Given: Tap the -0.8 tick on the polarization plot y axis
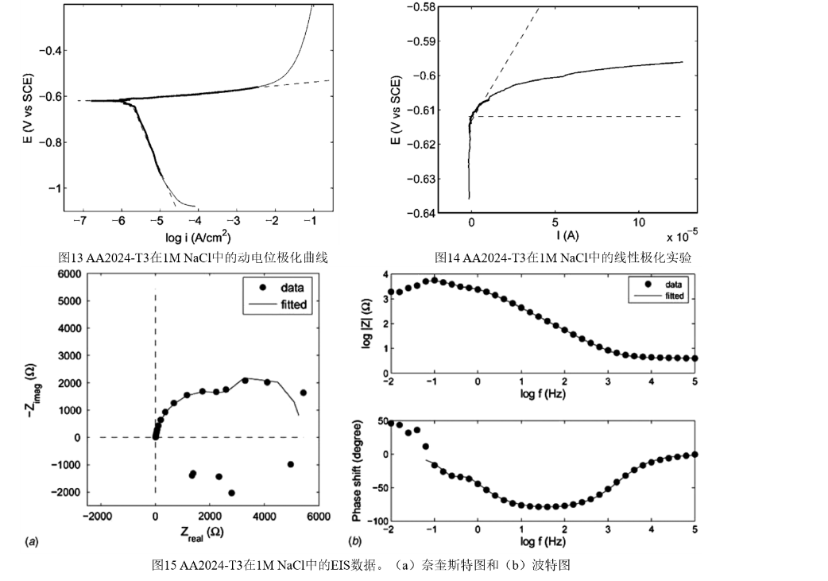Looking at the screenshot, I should pyautogui.click(x=57, y=142).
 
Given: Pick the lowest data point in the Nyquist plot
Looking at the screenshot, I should pyautogui.click(x=231, y=493).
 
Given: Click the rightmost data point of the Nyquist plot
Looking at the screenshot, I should pyautogui.click(x=303, y=393).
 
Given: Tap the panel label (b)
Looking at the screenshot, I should pyautogui.click(x=355, y=541).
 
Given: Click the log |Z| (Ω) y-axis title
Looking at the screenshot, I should pyautogui.click(x=365, y=324).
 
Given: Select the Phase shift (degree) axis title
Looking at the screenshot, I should pyautogui.click(x=358, y=471).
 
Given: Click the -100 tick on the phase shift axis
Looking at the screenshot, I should pyautogui.click(x=372, y=521).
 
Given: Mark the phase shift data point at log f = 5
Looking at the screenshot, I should pyautogui.click(x=695, y=454).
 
